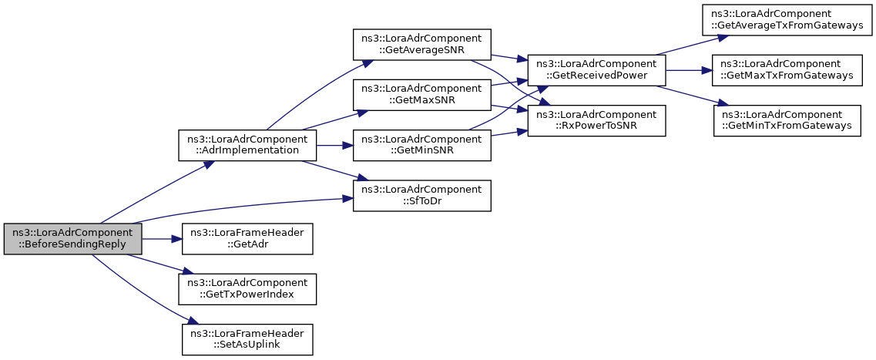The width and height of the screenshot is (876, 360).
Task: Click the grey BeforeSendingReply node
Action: pyautogui.click(x=73, y=239)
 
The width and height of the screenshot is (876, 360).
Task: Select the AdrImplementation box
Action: pyautogui.click(x=247, y=145)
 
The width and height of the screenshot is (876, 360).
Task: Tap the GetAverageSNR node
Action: pyautogui.click(x=422, y=45)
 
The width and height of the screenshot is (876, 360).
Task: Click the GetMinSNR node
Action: pyautogui.click(x=422, y=145)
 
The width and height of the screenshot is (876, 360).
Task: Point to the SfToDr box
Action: pyautogui.click(x=422, y=195)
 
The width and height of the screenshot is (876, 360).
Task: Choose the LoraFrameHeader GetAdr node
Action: pyautogui.click(x=247, y=239)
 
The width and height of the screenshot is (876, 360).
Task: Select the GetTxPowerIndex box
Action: pyautogui.click(x=247, y=289)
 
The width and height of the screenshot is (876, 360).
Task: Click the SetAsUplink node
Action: pyautogui.click(x=247, y=339)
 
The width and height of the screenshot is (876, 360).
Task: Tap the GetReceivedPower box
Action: pyautogui.click(x=596, y=70)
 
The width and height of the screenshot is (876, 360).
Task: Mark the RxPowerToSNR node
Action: pyautogui.click(x=596, y=120)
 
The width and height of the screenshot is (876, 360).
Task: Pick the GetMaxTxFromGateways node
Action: pyautogui.click(x=787, y=70)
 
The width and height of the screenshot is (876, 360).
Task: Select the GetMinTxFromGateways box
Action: pyautogui.click(x=787, y=120)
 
